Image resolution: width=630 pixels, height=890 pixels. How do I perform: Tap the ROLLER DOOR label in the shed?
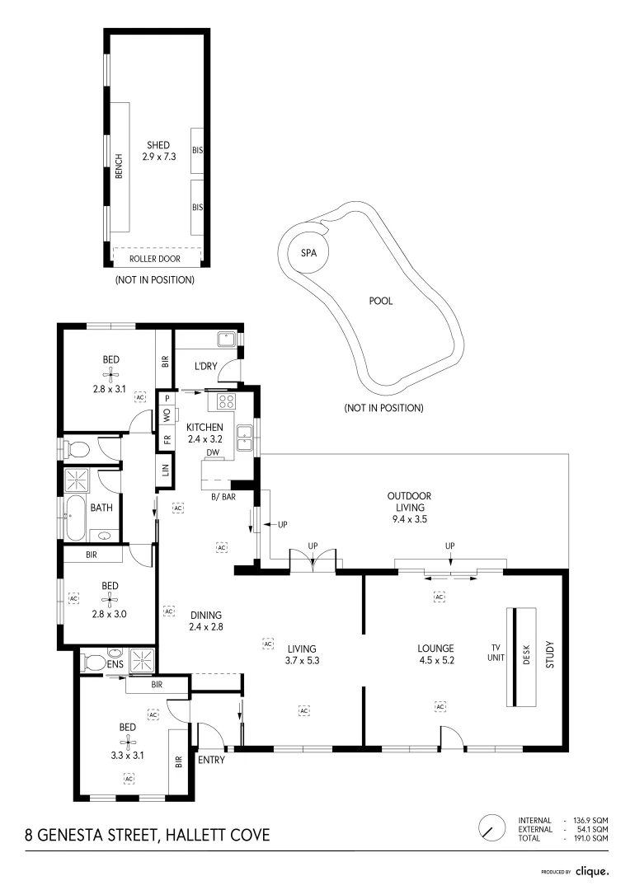tap(154, 259)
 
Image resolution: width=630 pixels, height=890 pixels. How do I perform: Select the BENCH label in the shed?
tap(119, 166)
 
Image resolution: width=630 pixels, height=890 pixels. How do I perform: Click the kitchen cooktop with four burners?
tap(226, 401)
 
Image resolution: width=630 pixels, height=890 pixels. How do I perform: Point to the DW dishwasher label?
tap(213, 452)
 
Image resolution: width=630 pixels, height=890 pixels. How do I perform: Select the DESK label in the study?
tap(525, 654)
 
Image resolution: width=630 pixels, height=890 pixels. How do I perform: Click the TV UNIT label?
tap(496, 653)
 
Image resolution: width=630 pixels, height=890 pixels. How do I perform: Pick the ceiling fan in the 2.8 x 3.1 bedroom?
tap(110, 373)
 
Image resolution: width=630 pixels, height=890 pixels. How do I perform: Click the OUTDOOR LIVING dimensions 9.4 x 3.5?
tap(410, 519)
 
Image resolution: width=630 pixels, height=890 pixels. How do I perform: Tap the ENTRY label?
tap(211, 760)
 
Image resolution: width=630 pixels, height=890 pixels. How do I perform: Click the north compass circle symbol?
tap(492, 828)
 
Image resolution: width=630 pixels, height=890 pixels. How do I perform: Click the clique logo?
tap(592, 871)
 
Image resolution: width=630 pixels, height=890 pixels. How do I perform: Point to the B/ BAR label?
tap(223, 497)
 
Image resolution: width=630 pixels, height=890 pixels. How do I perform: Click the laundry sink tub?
tap(226, 340)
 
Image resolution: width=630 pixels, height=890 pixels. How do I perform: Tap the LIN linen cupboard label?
tap(165, 470)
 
